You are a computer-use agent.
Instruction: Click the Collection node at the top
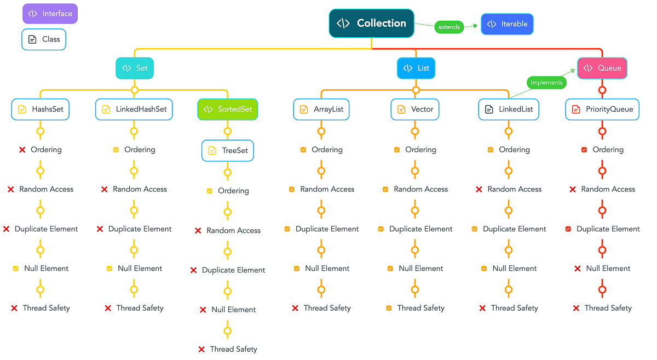tap(371, 24)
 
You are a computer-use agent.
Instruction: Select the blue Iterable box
tap(507, 24)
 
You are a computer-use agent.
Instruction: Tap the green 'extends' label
tap(449, 27)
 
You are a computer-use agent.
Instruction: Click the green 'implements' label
tap(546, 83)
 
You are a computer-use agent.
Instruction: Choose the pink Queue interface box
tap(602, 68)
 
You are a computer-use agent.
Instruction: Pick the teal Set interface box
tap(135, 68)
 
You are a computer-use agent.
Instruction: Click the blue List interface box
tap(416, 68)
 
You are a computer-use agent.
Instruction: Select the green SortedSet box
tap(227, 109)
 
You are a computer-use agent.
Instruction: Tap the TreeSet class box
tap(228, 151)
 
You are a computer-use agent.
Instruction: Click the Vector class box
tap(415, 109)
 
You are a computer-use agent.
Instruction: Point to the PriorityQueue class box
tap(602, 109)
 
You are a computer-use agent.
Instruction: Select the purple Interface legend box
tap(50, 14)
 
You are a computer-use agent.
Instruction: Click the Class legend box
tap(44, 39)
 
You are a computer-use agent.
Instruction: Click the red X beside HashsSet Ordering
tap(22, 150)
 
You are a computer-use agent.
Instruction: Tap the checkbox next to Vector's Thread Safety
tap(389, 309)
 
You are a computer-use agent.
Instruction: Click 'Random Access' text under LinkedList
tap(515, 189)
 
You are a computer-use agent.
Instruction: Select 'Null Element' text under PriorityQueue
tap(608, 269)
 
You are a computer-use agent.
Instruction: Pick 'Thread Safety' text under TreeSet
tap(234, 349)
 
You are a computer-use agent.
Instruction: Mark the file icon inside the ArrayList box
tap(303, 109)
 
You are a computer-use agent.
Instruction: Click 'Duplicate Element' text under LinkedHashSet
tap(140, 229)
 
